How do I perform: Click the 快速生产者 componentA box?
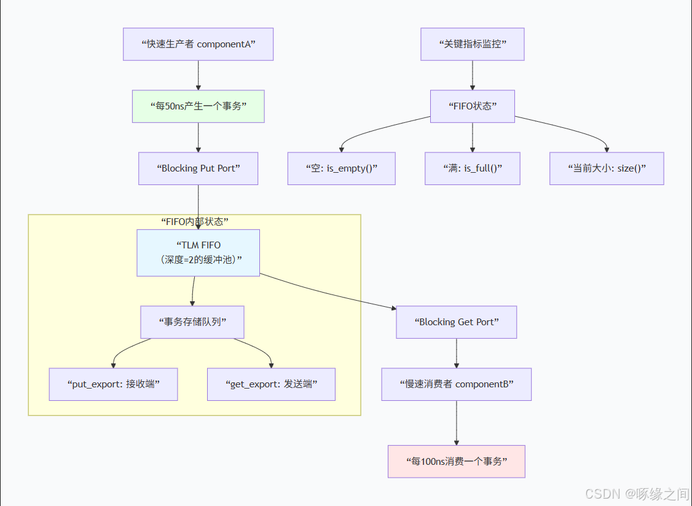tap(198, 44)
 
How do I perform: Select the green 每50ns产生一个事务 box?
tap(198, 106)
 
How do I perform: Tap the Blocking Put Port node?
tap(198, 168)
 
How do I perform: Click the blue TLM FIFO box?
tap(198, 253)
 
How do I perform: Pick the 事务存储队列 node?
tap(192, 322)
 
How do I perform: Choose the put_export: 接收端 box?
tap(113, 384)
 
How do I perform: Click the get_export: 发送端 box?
tap(271, 384)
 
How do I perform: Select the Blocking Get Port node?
tap(456, 322)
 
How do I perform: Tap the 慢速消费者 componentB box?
tap(456, 384)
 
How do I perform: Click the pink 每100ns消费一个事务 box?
tap(456, 461)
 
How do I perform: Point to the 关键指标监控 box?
tap(472, 44)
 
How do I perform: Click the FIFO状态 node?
tap(472, 106)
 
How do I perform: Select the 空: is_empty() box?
tap(341, 168)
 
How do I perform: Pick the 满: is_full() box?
tap(472, 168)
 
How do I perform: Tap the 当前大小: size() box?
tap(607, 168)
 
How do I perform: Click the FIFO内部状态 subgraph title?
tap(194, 222)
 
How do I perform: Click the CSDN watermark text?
tap(636, 494)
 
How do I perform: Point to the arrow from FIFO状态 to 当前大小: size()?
tap(572, 130)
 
